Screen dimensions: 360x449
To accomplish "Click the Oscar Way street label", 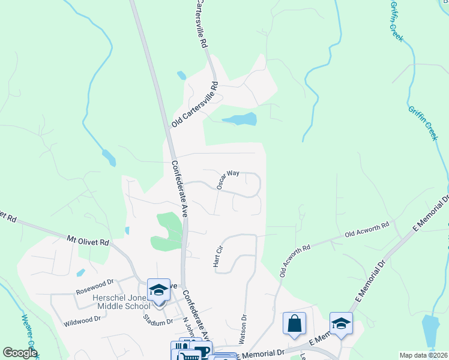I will click(228, 179).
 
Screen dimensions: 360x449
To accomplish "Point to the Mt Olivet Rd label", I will click(88, 242).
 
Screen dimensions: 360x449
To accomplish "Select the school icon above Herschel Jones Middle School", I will click(158, 290).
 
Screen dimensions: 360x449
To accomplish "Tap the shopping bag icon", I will click(294, 324).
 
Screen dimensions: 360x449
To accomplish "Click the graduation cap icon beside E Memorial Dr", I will click(341, 324).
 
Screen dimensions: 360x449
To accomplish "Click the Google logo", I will click(20, 353).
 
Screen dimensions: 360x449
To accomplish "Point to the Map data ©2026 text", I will click(423, 355).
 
